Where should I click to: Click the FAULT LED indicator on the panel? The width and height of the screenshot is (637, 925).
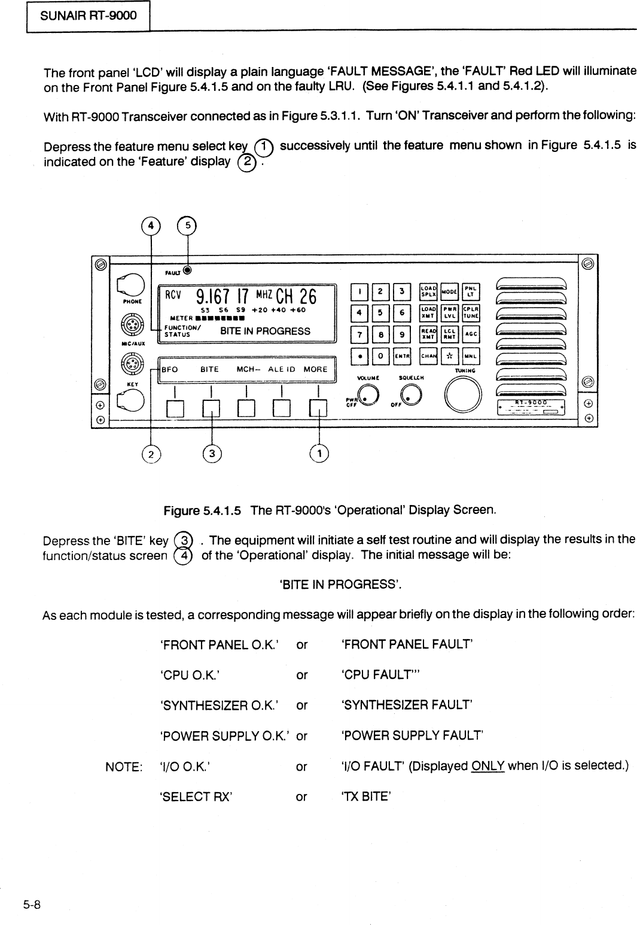187,270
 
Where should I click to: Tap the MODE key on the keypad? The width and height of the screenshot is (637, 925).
449,291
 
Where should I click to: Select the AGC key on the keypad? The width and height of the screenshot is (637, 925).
471,334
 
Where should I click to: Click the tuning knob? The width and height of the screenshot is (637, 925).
464,396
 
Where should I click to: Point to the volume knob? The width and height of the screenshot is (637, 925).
370,394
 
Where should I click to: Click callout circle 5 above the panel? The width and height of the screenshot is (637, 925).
188,226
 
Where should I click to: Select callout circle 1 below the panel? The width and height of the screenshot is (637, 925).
320,454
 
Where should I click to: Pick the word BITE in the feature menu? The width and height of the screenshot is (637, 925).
209,369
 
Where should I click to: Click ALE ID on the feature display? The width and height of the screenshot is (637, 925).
282,369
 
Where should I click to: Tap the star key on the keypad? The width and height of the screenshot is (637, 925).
449,357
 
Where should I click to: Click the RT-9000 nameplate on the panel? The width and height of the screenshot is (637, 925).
531,406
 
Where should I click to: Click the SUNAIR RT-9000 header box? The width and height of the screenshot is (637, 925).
88,16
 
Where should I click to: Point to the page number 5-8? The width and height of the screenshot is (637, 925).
32,904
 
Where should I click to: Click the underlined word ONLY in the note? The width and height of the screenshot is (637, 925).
488,765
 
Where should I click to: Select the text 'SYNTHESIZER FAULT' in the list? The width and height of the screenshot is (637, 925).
407,705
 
